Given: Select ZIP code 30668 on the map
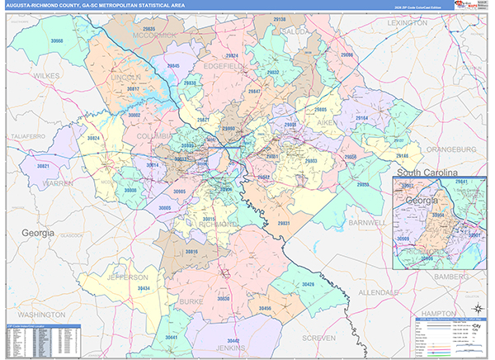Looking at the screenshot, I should (x=57, y=40).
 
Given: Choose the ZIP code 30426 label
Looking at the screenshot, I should (x=308, y=284).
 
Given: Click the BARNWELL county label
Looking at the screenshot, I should (x=361, y=223).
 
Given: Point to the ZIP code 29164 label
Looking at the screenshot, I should (x=361, y=118).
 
